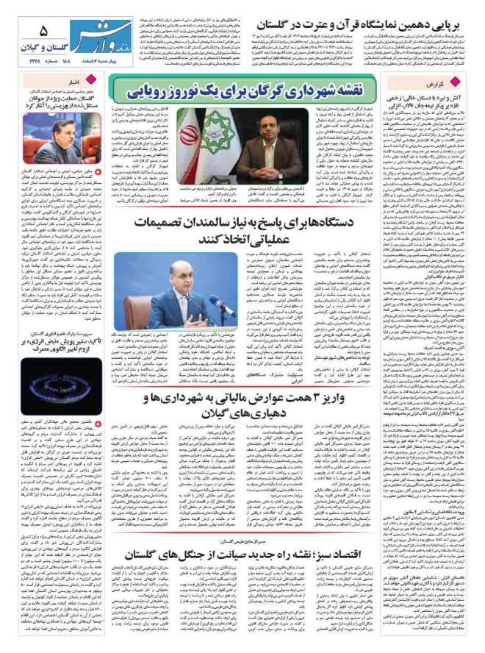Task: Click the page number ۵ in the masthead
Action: point(43,30)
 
